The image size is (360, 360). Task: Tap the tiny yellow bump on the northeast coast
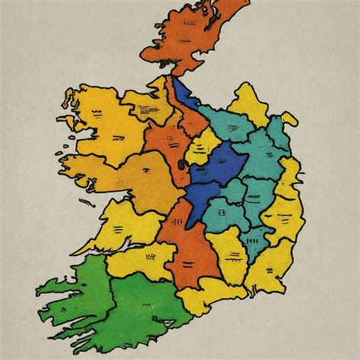tap(289, 120)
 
